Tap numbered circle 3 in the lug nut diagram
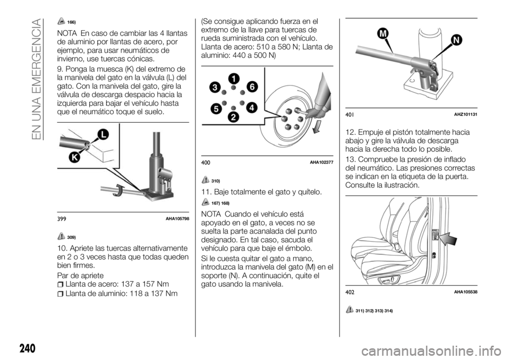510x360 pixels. (215, 87)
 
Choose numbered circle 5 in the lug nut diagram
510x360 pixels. (216, 108)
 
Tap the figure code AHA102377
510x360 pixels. (320, 161)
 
